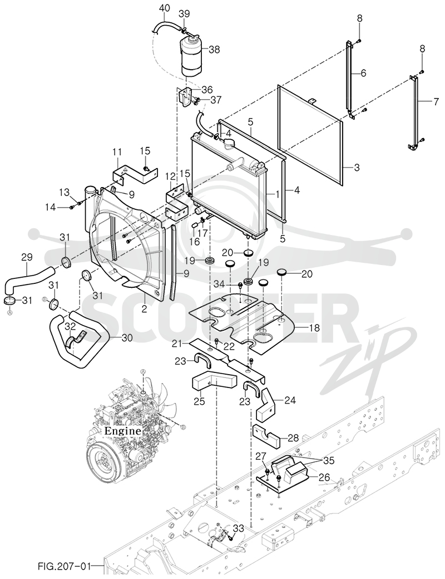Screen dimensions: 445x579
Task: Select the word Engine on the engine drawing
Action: (x=122, y=430)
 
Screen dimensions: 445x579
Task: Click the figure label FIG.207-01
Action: (x=63, y=565)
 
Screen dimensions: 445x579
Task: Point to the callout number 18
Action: (x=314, y=327)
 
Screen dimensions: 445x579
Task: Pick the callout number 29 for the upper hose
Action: (x=27, y=257)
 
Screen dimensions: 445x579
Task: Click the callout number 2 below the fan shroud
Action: (x=144, y=309)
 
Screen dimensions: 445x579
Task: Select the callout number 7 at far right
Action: (x=436, y=101)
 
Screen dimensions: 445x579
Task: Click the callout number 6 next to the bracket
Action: (x=363, y=73)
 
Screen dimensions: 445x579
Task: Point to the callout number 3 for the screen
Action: (x=357, y=168)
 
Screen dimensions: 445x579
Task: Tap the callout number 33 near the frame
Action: (x=239, y=528)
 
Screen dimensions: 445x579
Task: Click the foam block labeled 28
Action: (x=266, y=436)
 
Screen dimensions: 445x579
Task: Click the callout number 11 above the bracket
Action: (x=117, y=151)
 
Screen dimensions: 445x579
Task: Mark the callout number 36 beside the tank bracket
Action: (x=206, y=90)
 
